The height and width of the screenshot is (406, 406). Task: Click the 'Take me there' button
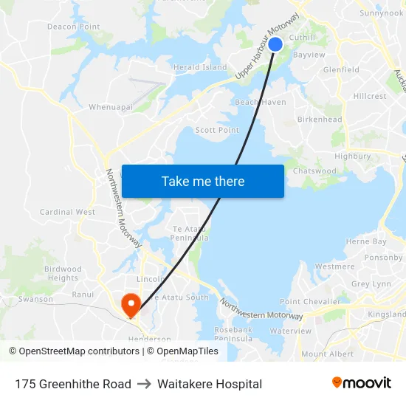tap(202, 181)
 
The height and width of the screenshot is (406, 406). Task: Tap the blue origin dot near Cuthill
tap(275, 44)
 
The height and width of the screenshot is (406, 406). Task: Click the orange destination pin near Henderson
tap(131, 303)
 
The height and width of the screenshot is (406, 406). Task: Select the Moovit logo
tap(362, 383)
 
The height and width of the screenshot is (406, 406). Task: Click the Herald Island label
tap(200, 67)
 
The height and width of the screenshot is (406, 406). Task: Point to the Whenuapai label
tap(111, 107)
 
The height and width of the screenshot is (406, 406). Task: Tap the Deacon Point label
tap(73, 27)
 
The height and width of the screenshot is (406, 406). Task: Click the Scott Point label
tap(217, 130)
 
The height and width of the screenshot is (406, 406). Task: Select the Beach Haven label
tap(260, 102)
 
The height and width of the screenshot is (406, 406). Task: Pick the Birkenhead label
tap(319, 120)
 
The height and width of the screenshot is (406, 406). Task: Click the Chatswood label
tap(314, 171)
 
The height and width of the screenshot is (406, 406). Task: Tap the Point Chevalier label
tap(304, 301)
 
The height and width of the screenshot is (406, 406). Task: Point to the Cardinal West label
tap(67, 212)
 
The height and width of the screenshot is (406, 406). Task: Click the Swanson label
tap(35, 299)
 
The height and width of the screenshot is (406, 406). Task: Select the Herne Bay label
tap(366, 241)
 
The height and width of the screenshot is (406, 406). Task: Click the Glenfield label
tap(341, 70)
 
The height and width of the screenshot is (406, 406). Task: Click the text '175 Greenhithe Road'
tap(73, 384)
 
